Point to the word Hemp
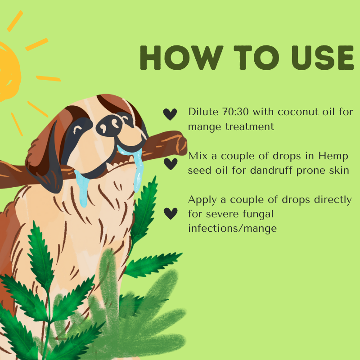tap(333, 156)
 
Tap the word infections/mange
tap(232, 229)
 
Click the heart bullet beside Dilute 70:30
tap(170, 114)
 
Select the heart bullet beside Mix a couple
tap(170, 164)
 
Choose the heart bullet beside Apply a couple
tap(170, 213)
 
